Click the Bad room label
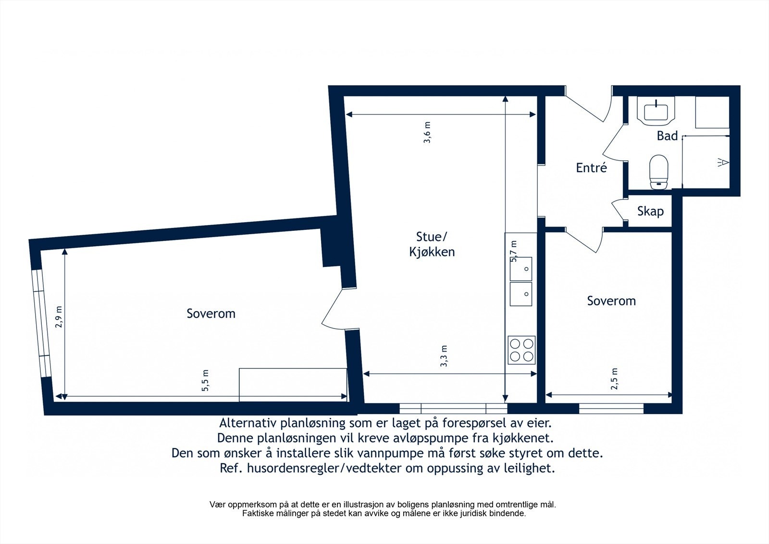point(667,136)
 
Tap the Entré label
point(591,168)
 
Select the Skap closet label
point(650,211)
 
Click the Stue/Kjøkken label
point(432,244)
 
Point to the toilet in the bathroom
point(658,171)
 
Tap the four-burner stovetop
point(521,350)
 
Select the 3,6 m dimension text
point(427,132)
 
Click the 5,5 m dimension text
point(206,380)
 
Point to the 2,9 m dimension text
point(59,317)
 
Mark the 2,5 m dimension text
point(615,379)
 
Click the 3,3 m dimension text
point(444,356)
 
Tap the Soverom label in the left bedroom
point(211,314)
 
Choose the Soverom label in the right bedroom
point(611,301)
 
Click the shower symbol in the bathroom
point(723,163)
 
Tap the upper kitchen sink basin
point(521,268)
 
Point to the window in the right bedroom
point(611,409)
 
